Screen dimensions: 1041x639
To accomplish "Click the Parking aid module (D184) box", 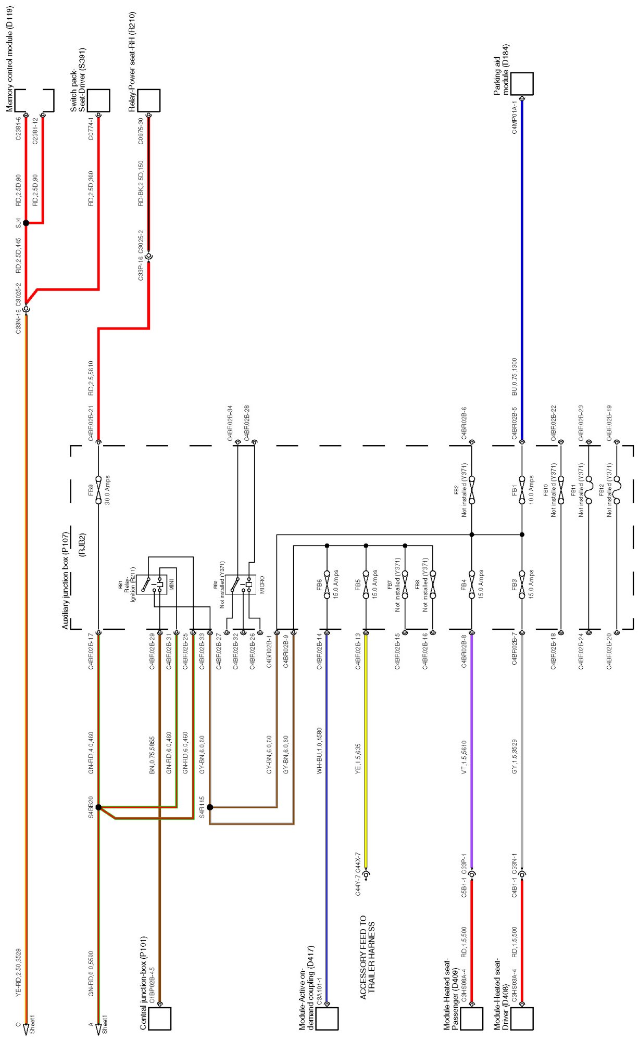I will coord(522,84).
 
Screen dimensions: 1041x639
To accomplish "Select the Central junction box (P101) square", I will coord(160,1018).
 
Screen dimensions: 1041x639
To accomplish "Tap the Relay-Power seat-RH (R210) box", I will coord(148,100).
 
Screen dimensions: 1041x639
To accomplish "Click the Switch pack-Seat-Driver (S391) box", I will coord(98,100).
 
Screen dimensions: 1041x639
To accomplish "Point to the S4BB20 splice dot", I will coord(98,807).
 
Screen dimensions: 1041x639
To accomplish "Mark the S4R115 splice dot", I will coord(210,807).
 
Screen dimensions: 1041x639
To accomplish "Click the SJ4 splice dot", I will coord(26,223).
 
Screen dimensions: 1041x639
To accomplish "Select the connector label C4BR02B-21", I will coord(91,423).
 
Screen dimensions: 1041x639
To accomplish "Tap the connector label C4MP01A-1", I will coord(514,117).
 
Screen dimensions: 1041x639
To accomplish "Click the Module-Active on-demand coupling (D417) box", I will coord(327,1019).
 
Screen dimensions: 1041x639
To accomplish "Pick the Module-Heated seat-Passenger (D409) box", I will coord(471,1019).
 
